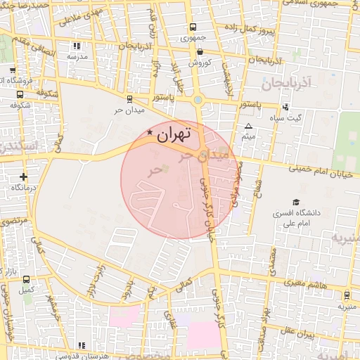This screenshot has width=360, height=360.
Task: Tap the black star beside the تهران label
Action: coord(149,132)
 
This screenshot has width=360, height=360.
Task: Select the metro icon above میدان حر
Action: coord(129,99)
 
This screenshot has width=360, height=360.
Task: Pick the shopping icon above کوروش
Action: coord(200,51)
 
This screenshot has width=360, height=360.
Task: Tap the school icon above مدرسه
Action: coord(77,46)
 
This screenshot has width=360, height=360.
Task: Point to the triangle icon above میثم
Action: coord(247,127)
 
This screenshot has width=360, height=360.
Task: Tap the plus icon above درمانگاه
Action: coord(25,176)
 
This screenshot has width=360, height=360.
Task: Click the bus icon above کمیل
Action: coord(26,279)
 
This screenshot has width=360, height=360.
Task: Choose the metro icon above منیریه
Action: coord(346,296)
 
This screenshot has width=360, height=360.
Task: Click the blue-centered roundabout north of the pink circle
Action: coord(198,100)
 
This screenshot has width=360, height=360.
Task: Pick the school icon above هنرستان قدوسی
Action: coord(82,345)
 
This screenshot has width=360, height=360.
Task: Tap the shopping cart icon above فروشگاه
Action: coord(13,70)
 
